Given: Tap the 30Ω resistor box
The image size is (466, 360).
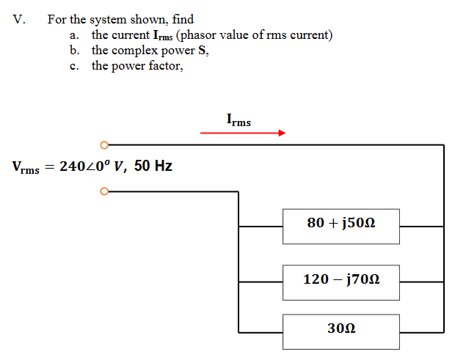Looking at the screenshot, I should tap(341, 331).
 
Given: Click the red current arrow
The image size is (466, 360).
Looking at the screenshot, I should tap(242, 133).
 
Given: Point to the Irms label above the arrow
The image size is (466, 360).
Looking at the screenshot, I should tap(239, 120).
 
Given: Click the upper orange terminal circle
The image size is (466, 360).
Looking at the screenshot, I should tap(104, 144).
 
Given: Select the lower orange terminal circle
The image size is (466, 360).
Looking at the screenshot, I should tap(104, 192).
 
